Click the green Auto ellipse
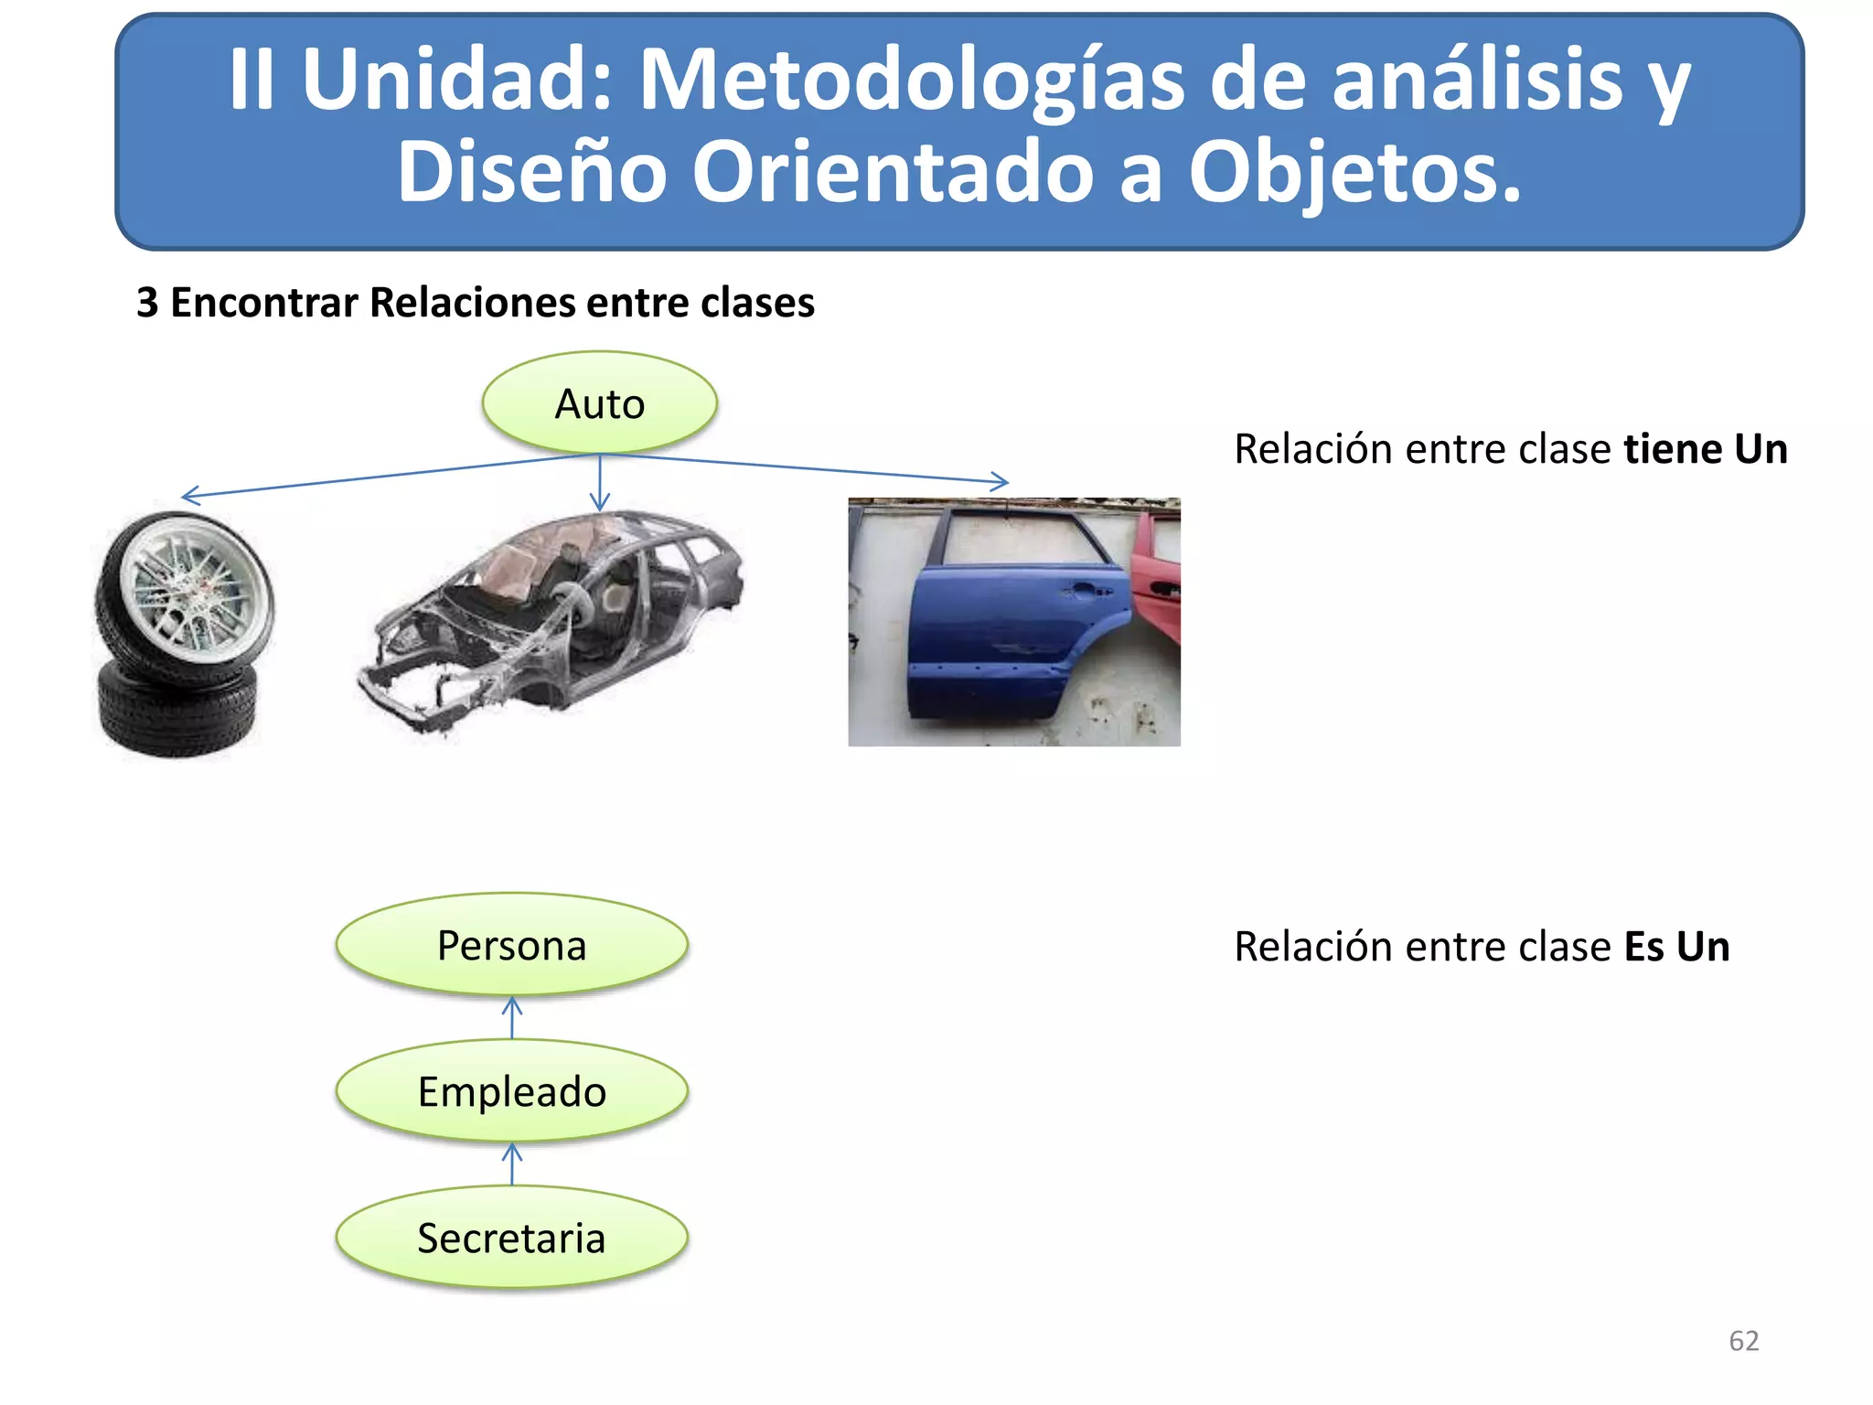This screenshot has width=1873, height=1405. [599, 403]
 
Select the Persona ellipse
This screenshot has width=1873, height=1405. [511, 945]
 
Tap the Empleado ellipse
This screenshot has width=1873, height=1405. [511, 1091]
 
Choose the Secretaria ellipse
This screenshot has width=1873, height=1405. [511, 1238]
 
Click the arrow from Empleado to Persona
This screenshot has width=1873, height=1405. [512, 1017]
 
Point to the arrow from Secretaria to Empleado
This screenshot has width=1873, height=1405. [512, 1164]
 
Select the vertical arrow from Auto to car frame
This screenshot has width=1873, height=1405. [600, 483]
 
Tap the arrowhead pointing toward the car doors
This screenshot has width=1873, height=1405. [1001, 480]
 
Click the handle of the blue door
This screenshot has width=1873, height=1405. [1086, 591]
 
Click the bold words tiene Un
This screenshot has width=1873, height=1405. [1705, 449]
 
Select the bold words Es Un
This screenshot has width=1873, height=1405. [1676, 947]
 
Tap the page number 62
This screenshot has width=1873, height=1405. [1743, 1340]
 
